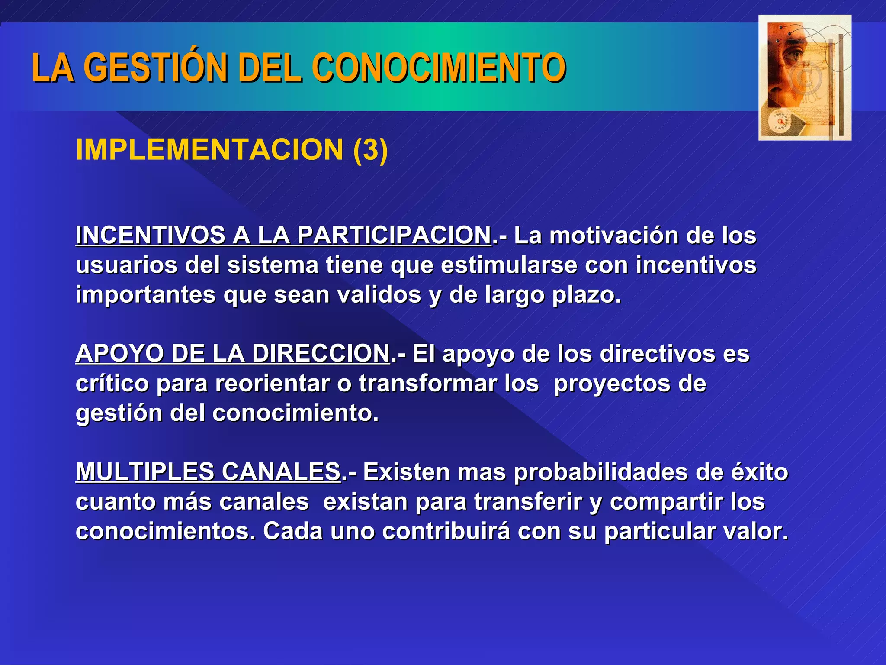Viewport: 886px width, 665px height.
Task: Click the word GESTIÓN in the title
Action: pyautogui.click(x=156, y=68)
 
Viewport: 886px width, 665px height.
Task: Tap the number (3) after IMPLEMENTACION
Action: pyautogui.click(x=370, y=150)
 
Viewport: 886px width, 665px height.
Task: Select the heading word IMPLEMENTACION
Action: pyautogui.click(x=209, y=150)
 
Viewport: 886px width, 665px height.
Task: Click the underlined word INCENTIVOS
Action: pyautogui.click(x=150, y=235)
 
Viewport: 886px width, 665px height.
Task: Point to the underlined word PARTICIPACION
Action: pyautogui.click(x=394, y=235)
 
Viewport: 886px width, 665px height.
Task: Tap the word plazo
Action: pyautogui.click(x=586, y=295)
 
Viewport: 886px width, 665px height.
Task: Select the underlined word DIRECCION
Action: pyautogui.click(x=321, y=353)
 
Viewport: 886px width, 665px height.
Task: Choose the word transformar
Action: pyautogui.click(x=427, y=384)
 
